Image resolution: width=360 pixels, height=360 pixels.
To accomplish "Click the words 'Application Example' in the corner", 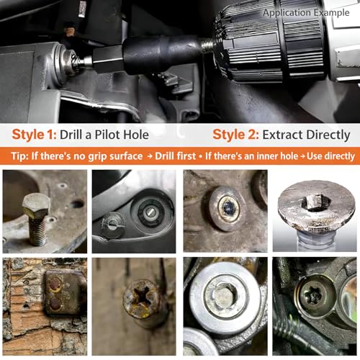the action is pos(306,13).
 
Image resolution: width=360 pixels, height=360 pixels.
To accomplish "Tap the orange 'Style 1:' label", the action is pos(34,135).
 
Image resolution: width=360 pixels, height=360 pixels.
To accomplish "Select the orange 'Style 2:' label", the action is pos(235,135).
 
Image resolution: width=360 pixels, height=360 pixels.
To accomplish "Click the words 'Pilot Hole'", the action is pos(122,135).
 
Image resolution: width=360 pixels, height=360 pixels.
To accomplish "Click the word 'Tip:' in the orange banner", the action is pos(20,156).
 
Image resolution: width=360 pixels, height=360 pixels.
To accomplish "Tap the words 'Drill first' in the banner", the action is pos(175,156).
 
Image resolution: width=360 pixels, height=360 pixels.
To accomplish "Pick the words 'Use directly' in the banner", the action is pos(330,156).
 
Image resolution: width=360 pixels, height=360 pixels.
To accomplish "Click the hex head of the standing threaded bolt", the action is pos(37,205).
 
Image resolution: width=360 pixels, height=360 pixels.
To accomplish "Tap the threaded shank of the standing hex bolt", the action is pos(37,231).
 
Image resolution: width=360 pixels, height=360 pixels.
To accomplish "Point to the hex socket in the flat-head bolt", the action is pos(315,202).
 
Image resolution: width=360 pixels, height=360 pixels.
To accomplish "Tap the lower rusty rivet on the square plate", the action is pos(55,303).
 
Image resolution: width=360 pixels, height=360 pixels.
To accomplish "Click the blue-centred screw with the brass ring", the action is pos(228,208).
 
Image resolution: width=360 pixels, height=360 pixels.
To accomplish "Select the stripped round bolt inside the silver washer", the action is pos(223,297).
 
